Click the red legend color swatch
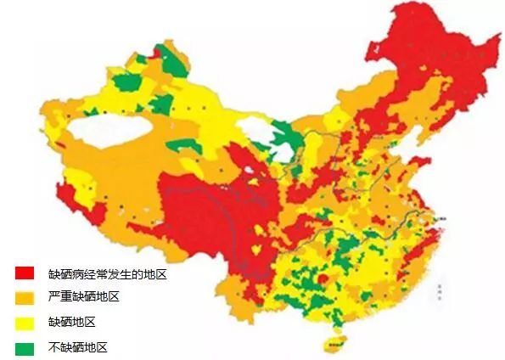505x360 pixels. click(x=24, y=273)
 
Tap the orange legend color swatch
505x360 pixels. click(x=24, y=297)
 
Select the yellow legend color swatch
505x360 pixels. click(x=24, y=323)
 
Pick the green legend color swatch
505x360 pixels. click(x=24, y=347)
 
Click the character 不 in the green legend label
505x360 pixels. click(x=54, y=347)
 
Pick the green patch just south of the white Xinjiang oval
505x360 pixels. click(x=184, y=145)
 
